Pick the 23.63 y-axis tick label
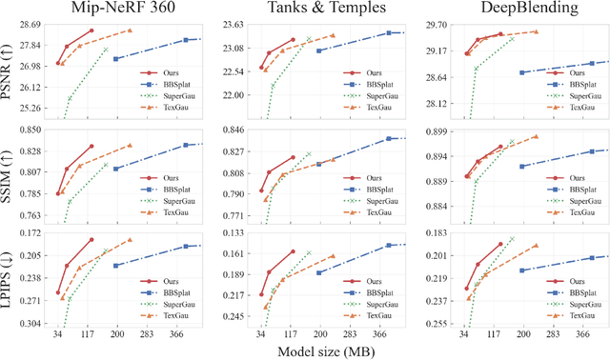pyautogui.click(x=233, y=25)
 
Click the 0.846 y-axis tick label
pyautogui.click(x=233, y=130)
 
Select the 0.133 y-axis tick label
pyautogui.click(x=233, y=233)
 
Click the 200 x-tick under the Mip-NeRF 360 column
pyautogui.click(x=116, y=335)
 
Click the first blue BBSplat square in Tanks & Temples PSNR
pyautogui.click(x=318, y=50)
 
